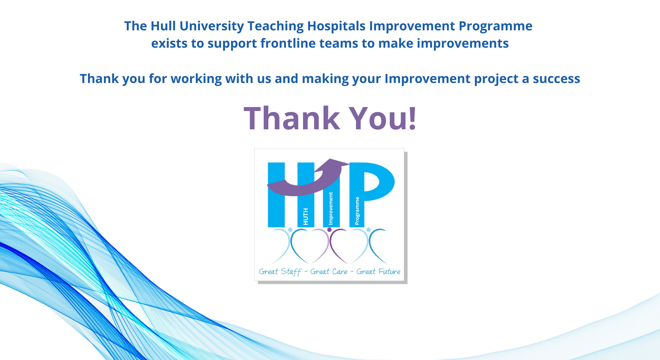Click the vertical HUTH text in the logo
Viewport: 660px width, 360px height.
click(x=306, y=217)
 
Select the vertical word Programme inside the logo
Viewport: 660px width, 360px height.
click(x=357, y=211)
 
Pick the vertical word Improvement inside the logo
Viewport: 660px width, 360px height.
click(x=331, y=209)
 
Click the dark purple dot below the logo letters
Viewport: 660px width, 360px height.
click(x=329, y=230)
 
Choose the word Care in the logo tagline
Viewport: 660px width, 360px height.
click(x=340, y=272)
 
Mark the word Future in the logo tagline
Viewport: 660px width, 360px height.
click(x=389, y=272)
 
